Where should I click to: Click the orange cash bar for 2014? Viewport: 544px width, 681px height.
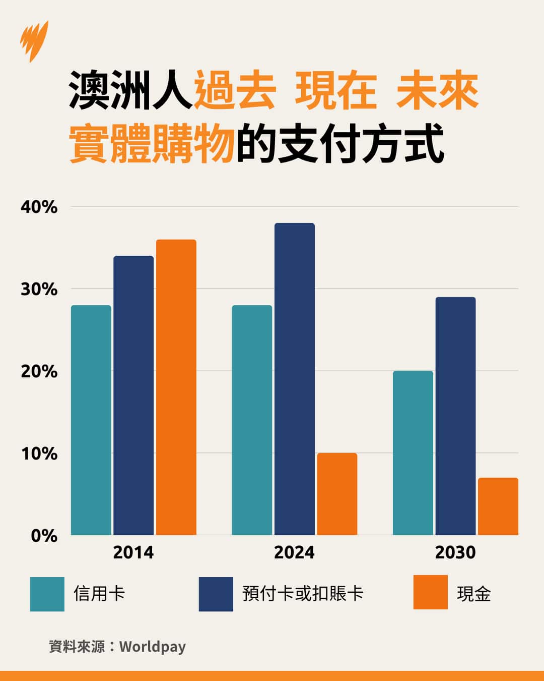coord(176,387)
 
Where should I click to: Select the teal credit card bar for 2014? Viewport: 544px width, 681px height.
coord(91,420)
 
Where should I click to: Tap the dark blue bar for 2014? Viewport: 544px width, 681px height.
coord(133,395)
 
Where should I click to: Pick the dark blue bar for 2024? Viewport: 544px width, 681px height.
coord(295,379)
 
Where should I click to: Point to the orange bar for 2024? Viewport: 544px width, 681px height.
coord(337,494)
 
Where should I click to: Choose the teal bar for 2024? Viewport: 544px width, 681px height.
coord(252,420)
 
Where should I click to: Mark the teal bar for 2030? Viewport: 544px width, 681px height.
coord(413,452)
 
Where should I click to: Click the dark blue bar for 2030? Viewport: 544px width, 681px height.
coord(455,416)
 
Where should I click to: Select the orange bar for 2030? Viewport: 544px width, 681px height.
coord(498,506)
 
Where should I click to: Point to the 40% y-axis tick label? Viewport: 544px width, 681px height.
coord(39,207)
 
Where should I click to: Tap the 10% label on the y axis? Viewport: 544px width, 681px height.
coord(39,453)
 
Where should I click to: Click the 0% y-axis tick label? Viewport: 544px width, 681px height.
coord(44,536)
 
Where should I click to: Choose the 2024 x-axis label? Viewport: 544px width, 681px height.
coord(294,552)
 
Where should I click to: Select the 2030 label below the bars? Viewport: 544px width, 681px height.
coord(455,552)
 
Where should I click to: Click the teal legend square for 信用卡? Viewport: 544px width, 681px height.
coord(47,594)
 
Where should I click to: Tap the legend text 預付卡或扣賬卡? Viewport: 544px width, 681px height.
coord(303,594)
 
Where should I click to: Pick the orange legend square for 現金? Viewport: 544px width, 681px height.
coord(430,592)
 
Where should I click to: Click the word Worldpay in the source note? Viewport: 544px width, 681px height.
coord(153,647)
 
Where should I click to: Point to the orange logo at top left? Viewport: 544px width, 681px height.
coord(34,40)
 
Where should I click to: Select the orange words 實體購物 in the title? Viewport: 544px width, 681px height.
coord(152,145)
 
